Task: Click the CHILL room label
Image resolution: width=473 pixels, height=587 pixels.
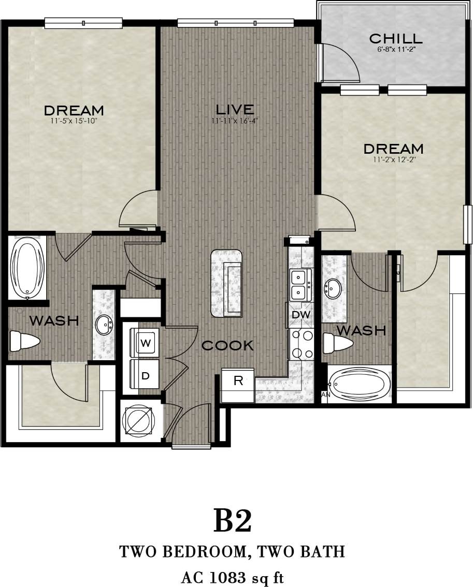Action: [x=395, y=38]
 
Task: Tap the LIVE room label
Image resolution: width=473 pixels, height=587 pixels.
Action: [x=235, y=109]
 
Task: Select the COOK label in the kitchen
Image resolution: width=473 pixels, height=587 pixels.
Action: [x=227, y=345]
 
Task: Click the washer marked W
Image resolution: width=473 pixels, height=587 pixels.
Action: [x=145, y=343]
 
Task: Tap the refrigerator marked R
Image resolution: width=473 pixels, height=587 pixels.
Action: [x=238, y=381]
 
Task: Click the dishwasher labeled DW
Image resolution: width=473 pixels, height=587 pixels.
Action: [x=300, y=315]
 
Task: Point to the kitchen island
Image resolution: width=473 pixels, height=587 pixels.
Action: [x=226, y=283]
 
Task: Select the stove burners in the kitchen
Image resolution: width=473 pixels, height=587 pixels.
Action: [x=302, y=344]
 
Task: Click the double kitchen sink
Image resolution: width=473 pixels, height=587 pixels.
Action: [x=300, y=285]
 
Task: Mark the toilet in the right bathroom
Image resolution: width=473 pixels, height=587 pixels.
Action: [x=337, y=342]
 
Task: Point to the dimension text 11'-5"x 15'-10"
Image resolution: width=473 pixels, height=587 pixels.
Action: [x=74, y=121]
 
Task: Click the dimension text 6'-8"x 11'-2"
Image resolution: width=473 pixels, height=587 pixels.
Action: [x=395, y=49]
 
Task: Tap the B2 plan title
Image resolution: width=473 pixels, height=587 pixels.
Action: [x=233, y=521]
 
